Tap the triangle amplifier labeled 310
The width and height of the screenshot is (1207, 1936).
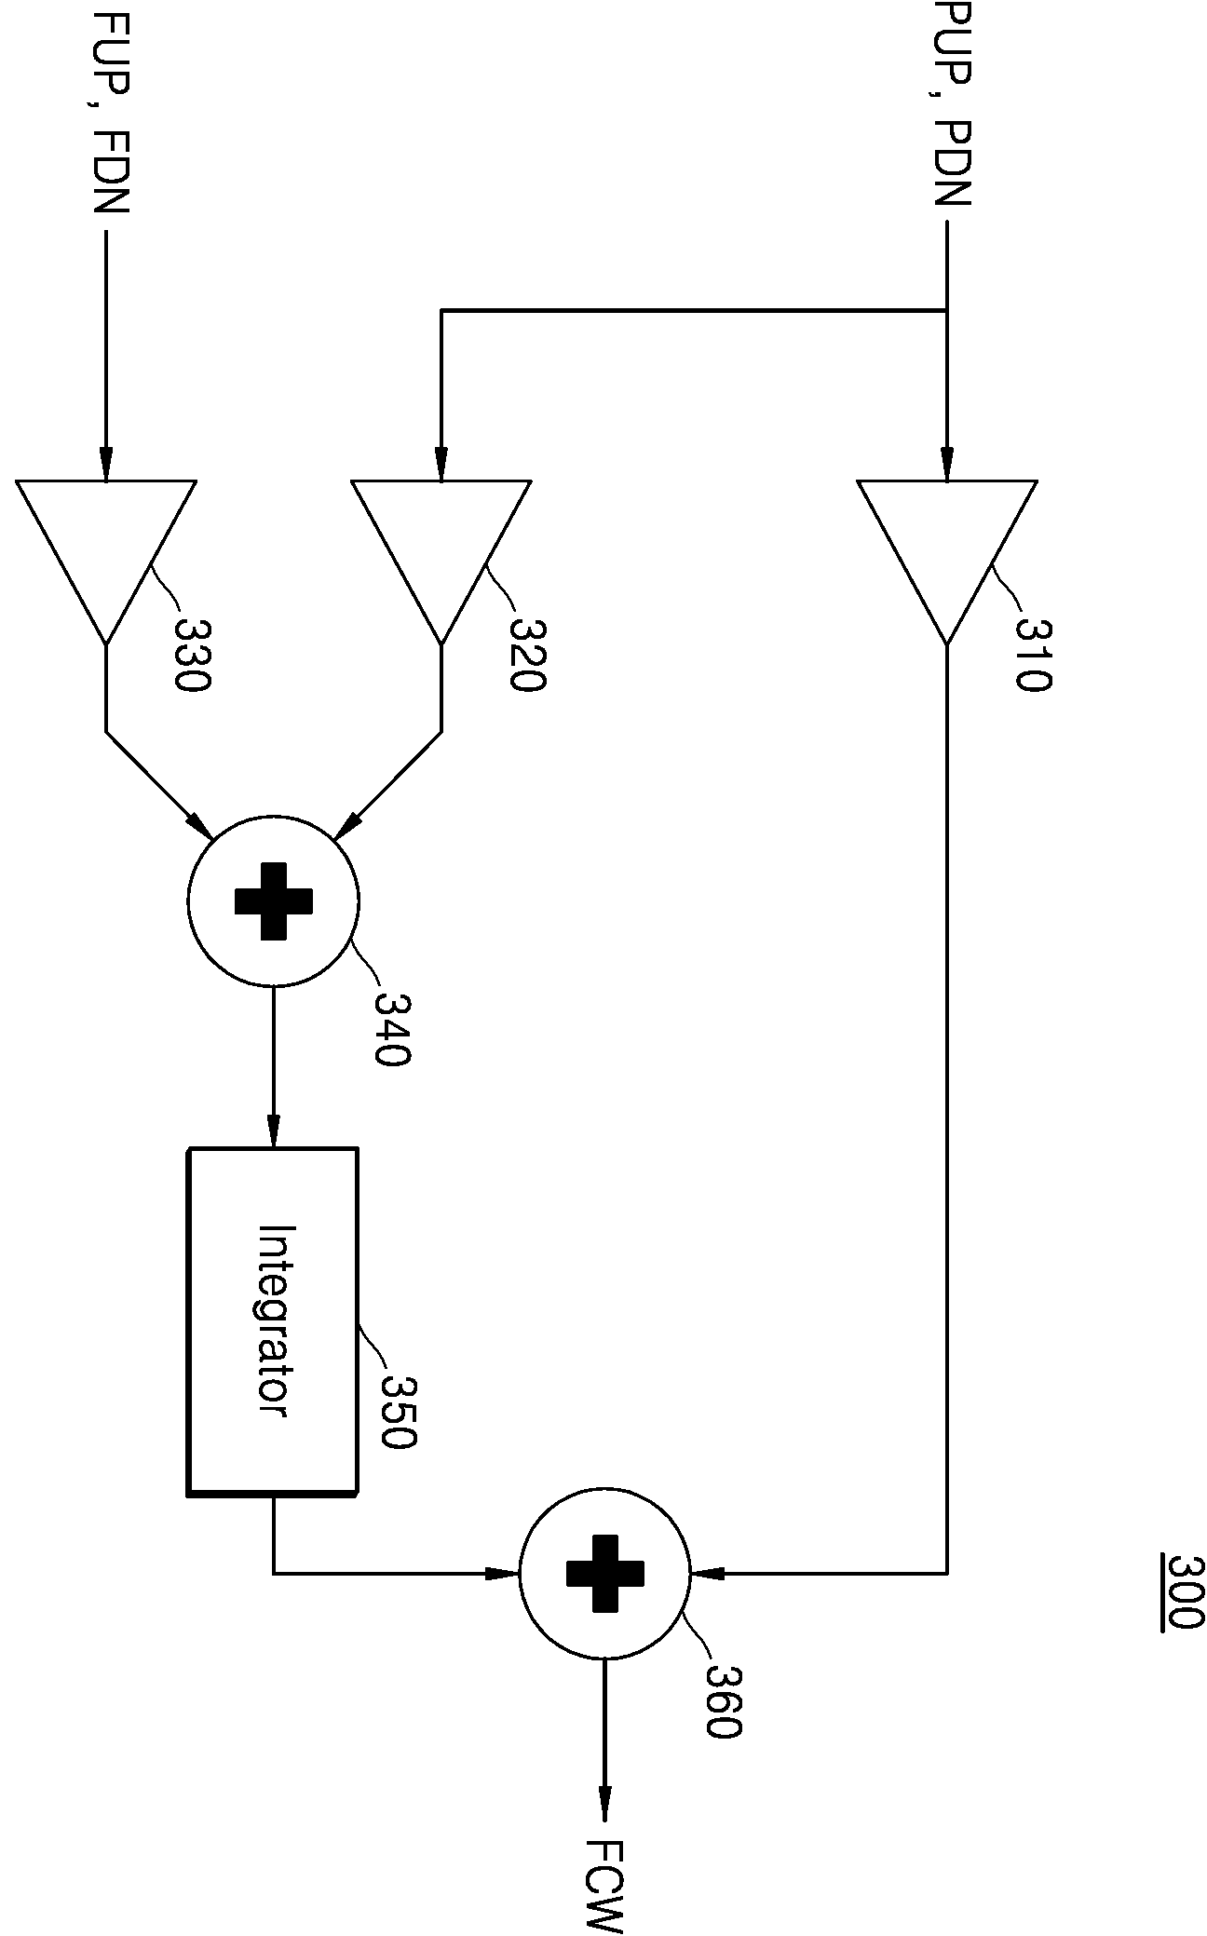pos(947,562)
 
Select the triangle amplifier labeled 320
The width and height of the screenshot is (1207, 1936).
pos(441,562)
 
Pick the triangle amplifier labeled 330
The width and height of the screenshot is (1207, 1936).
pos(105,562)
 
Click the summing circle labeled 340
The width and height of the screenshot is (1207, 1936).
pos(273,900)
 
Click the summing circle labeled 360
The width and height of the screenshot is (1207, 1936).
pos(604,1573)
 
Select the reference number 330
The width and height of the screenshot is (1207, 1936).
pos(193,655)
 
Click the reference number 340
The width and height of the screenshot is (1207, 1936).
pos(392,1028)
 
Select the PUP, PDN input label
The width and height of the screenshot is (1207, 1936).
pos(952,103)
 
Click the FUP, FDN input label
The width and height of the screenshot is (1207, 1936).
pos(111,110)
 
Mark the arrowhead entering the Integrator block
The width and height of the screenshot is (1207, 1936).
pos(273,1133)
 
